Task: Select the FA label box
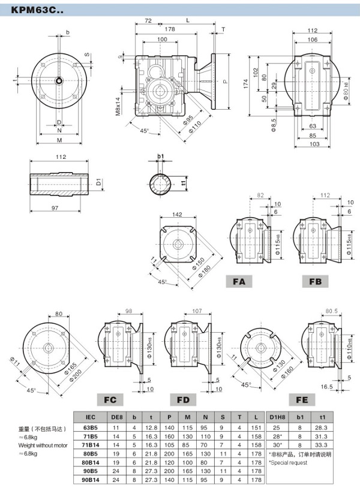(x=239, y=281)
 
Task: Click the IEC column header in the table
(x=91, y=417)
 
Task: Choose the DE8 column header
(x=118, y=417)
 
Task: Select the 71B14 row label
(x=91, y=445)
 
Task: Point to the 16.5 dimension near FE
(x=327, y=387)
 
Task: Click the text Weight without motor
(x=44, y=445)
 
